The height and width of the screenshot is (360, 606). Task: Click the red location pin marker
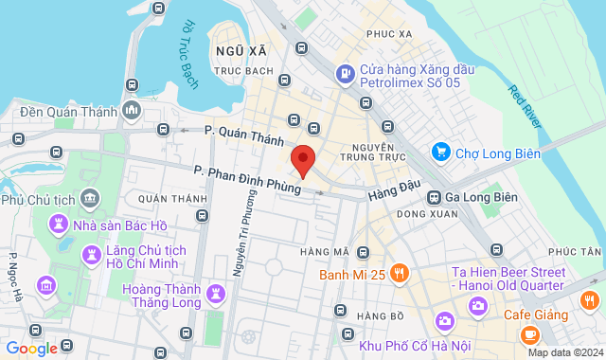pos(302,161)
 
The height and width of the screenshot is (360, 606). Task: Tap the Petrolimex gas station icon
pos(345,72)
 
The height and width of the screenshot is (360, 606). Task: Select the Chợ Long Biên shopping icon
pos(440,151)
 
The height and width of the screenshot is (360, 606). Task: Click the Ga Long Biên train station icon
pos(434,197)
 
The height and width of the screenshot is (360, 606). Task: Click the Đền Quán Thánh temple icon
pos(131,110)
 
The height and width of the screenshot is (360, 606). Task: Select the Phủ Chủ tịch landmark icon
pos(90,198)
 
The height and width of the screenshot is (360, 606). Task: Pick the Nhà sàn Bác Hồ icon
pos(58,225)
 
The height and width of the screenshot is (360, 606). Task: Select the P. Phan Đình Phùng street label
pos(248,180)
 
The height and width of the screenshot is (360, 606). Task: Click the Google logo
pos(31,348)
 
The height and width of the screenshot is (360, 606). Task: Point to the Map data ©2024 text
pos(563,352)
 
